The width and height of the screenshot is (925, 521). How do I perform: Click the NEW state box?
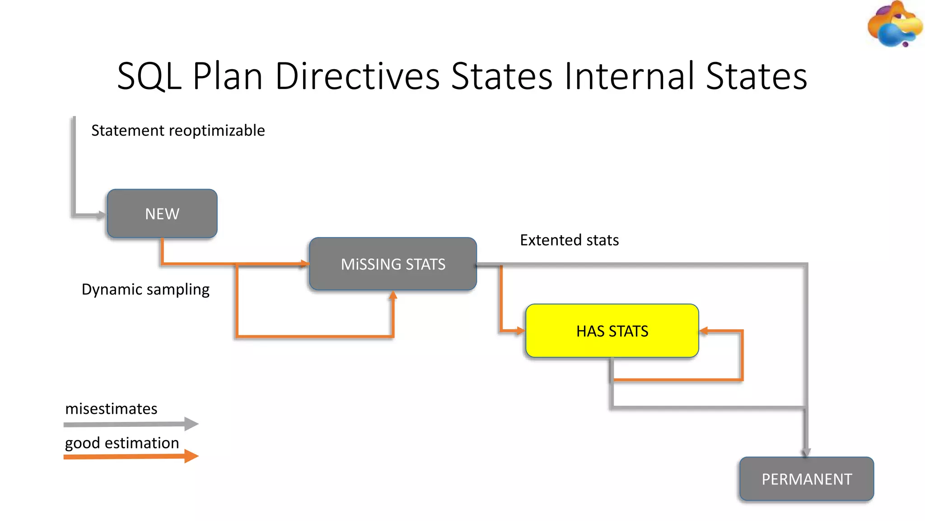tap(162, 213)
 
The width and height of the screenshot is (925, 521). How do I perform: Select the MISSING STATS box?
tap(393, 264)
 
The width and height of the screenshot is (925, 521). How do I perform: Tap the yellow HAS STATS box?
tap(612, 331)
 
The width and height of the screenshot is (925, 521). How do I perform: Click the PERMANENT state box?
tap(807, 479)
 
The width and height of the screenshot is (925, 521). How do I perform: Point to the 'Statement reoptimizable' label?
tap(178, 130)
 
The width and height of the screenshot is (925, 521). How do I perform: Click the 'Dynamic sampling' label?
tap(145, 289)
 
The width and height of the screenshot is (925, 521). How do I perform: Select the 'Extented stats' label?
tap(569, 240)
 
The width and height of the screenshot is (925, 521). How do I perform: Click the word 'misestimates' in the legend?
tap(111, 409)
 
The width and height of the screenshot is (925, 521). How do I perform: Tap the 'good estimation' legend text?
tap(122, 443)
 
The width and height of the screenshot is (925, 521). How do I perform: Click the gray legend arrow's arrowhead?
tap(191, 424)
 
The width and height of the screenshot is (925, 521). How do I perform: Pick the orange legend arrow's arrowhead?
tap(191, 456)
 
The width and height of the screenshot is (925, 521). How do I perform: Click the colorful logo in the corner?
tap(894, 25)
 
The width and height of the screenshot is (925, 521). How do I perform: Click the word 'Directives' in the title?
tap(357, 76)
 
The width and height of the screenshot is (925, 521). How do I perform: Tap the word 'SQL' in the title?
tap(149, 76)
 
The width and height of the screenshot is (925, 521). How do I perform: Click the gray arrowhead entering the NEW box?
tap(102, 215)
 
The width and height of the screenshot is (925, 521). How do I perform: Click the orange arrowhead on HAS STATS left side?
tap(520, 331)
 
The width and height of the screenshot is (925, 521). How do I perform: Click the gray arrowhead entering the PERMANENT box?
tap(806, 452)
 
